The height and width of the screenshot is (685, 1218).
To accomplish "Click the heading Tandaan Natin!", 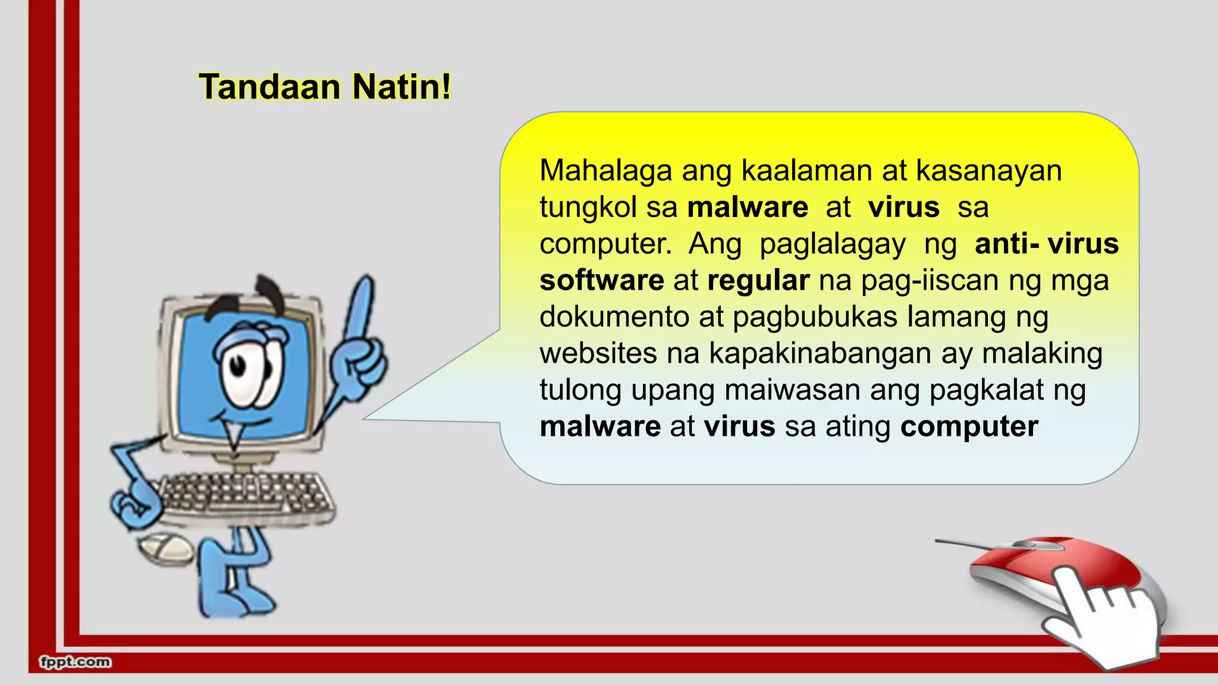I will click(325, 87).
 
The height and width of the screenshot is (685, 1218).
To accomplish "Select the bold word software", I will click(601, 280).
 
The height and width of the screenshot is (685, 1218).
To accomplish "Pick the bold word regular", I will click(758, 280).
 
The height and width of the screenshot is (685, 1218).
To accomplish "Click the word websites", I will click(598, 353).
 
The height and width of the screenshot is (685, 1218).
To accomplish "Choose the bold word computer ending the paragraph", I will click(969, 426).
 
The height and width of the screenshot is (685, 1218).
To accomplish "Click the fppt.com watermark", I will click(75, 662).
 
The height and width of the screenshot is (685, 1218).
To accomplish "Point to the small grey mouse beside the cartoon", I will click(165, 548).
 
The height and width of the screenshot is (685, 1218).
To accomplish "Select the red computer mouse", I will click(1047, 571).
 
